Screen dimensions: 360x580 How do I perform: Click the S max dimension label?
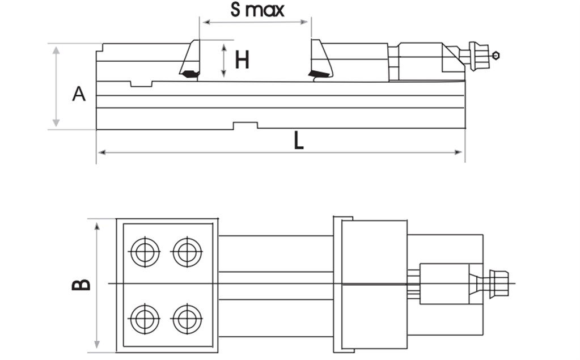257,10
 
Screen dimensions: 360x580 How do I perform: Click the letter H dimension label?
242,60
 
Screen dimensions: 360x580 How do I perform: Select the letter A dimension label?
79,94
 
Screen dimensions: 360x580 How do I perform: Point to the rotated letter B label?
82,284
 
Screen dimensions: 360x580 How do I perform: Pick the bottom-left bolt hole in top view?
145,320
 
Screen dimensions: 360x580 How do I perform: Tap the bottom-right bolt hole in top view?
187,320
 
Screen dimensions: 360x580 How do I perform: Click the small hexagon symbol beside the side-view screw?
496,55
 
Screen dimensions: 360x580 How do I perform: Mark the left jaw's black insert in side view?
189,74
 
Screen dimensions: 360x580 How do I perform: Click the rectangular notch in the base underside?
245,125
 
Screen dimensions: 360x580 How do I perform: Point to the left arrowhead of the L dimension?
101,152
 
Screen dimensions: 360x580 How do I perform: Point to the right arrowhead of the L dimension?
460,152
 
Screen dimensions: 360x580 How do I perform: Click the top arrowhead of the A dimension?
56,50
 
